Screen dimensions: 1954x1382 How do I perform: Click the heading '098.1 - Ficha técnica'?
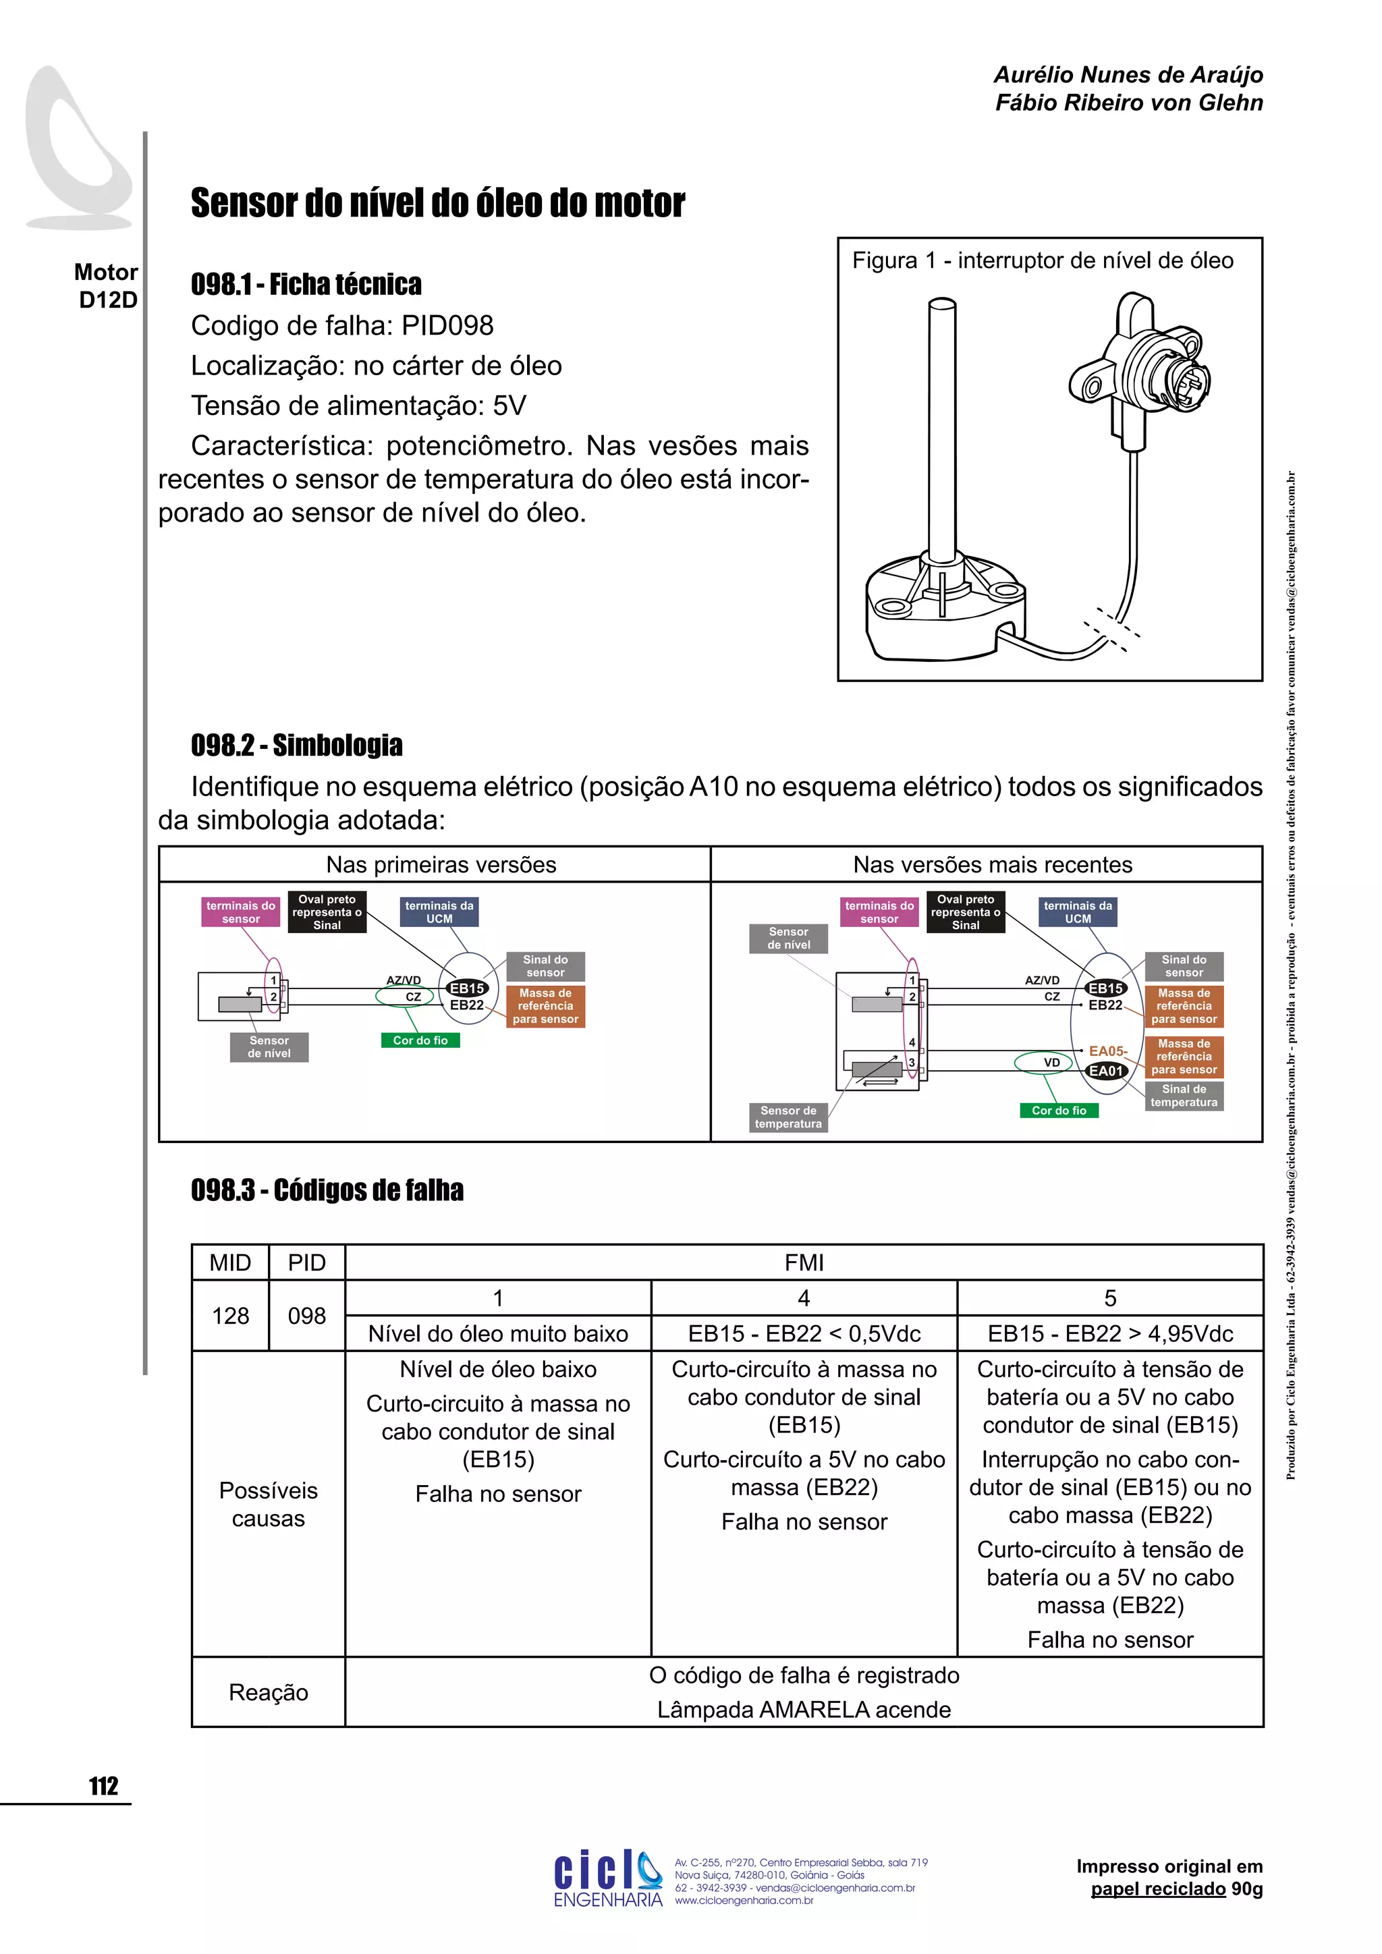(306, 284)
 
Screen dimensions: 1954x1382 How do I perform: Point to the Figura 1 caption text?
(1043, 260)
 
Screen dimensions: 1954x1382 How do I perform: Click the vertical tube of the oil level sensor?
(943, 426)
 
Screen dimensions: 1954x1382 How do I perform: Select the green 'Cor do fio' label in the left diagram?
(420, 1040)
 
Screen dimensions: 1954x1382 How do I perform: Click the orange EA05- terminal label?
(1107, 1051)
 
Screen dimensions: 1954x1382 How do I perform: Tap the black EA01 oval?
(1106, 1071)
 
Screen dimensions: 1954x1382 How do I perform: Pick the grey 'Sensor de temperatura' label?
(788, 1117)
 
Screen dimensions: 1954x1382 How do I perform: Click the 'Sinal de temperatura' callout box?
(1184, 1095)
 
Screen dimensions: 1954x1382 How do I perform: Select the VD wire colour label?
(1052, 1062)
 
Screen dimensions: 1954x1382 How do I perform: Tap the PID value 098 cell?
(306, 1316)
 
